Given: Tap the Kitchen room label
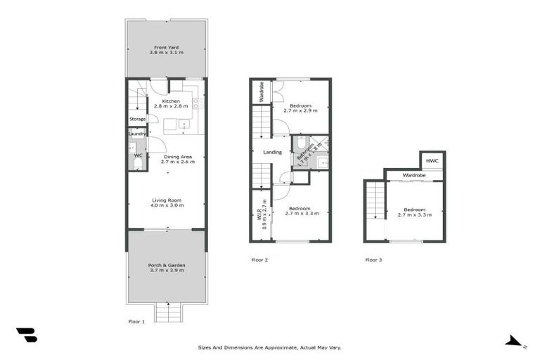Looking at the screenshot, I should click(171, 102).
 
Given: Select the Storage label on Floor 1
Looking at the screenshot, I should click(137, 119).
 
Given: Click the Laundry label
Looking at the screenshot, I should click(137, 133).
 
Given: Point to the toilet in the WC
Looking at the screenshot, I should click(138, 164).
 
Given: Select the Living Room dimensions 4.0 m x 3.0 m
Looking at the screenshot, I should click(167, 205).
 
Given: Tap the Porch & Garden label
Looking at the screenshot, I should click(167, 266).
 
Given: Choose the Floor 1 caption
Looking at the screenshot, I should click(136, 321).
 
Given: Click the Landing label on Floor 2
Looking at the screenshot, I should click(272, 152).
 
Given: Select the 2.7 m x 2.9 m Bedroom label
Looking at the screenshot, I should click(300, 108).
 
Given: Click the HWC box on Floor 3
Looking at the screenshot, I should click(432, 161).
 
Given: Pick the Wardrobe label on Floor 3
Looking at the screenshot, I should click(414, 175).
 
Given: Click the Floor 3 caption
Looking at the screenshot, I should click(373, 260).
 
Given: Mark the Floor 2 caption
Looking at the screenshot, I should click(259, 260).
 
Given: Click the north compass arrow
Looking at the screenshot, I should click(515, 341).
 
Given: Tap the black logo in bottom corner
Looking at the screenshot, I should click(26, 335).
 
